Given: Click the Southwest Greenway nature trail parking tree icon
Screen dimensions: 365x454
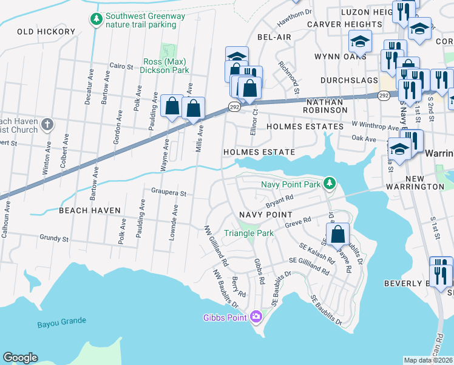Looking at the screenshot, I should (x=96, y=20).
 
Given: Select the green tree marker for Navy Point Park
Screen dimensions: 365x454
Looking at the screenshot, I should (x=329, y=183).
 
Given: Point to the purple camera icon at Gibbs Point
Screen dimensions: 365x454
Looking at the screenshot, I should (x=256, y=316).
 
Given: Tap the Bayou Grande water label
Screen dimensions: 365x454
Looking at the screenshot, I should (x=61, y=321).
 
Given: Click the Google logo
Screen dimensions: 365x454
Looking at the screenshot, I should (x=20, y=358).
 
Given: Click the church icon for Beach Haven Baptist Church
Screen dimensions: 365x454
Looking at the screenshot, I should (x=48, y=125).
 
